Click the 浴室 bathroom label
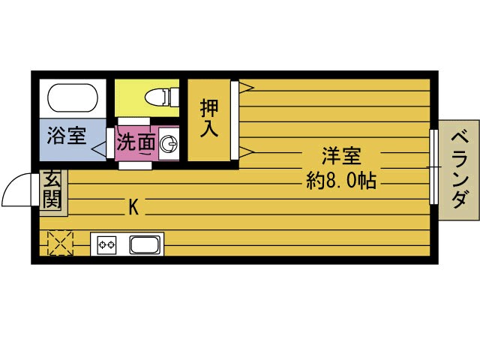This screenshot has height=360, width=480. click(67, 136)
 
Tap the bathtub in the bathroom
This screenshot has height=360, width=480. click(73, 97)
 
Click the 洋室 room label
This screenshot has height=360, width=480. click(341, 157)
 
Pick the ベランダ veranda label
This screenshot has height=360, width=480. click(459, 169)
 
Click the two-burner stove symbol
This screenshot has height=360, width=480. click(106, 244)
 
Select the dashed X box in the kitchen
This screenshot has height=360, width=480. click(59, 243)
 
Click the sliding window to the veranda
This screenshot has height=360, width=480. click(433, 166)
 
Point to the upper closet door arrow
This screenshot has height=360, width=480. click(244, 87)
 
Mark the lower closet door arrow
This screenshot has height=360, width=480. click(244, 152)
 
